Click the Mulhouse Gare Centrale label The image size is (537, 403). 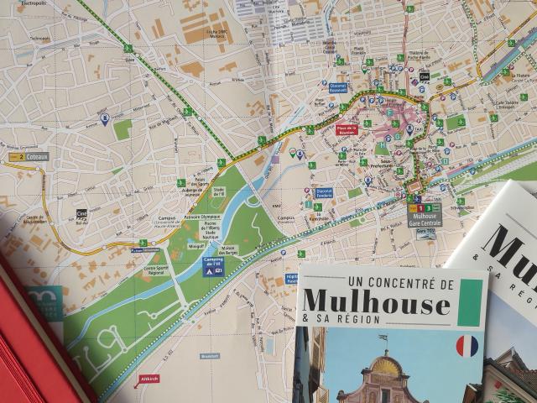(x=425, y=220)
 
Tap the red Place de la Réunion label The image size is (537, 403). (x=347, y=129)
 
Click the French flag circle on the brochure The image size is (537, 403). (x=467, y=345)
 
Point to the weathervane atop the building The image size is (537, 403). (x=383, y=340)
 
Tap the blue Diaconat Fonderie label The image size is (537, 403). (x=324, y=192)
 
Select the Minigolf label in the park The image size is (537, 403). (x=196, y=246)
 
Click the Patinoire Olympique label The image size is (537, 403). (x=198, y=214)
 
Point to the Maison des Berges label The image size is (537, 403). (x=229, y=249)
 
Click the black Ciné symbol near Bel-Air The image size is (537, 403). (x=81, y=214)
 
